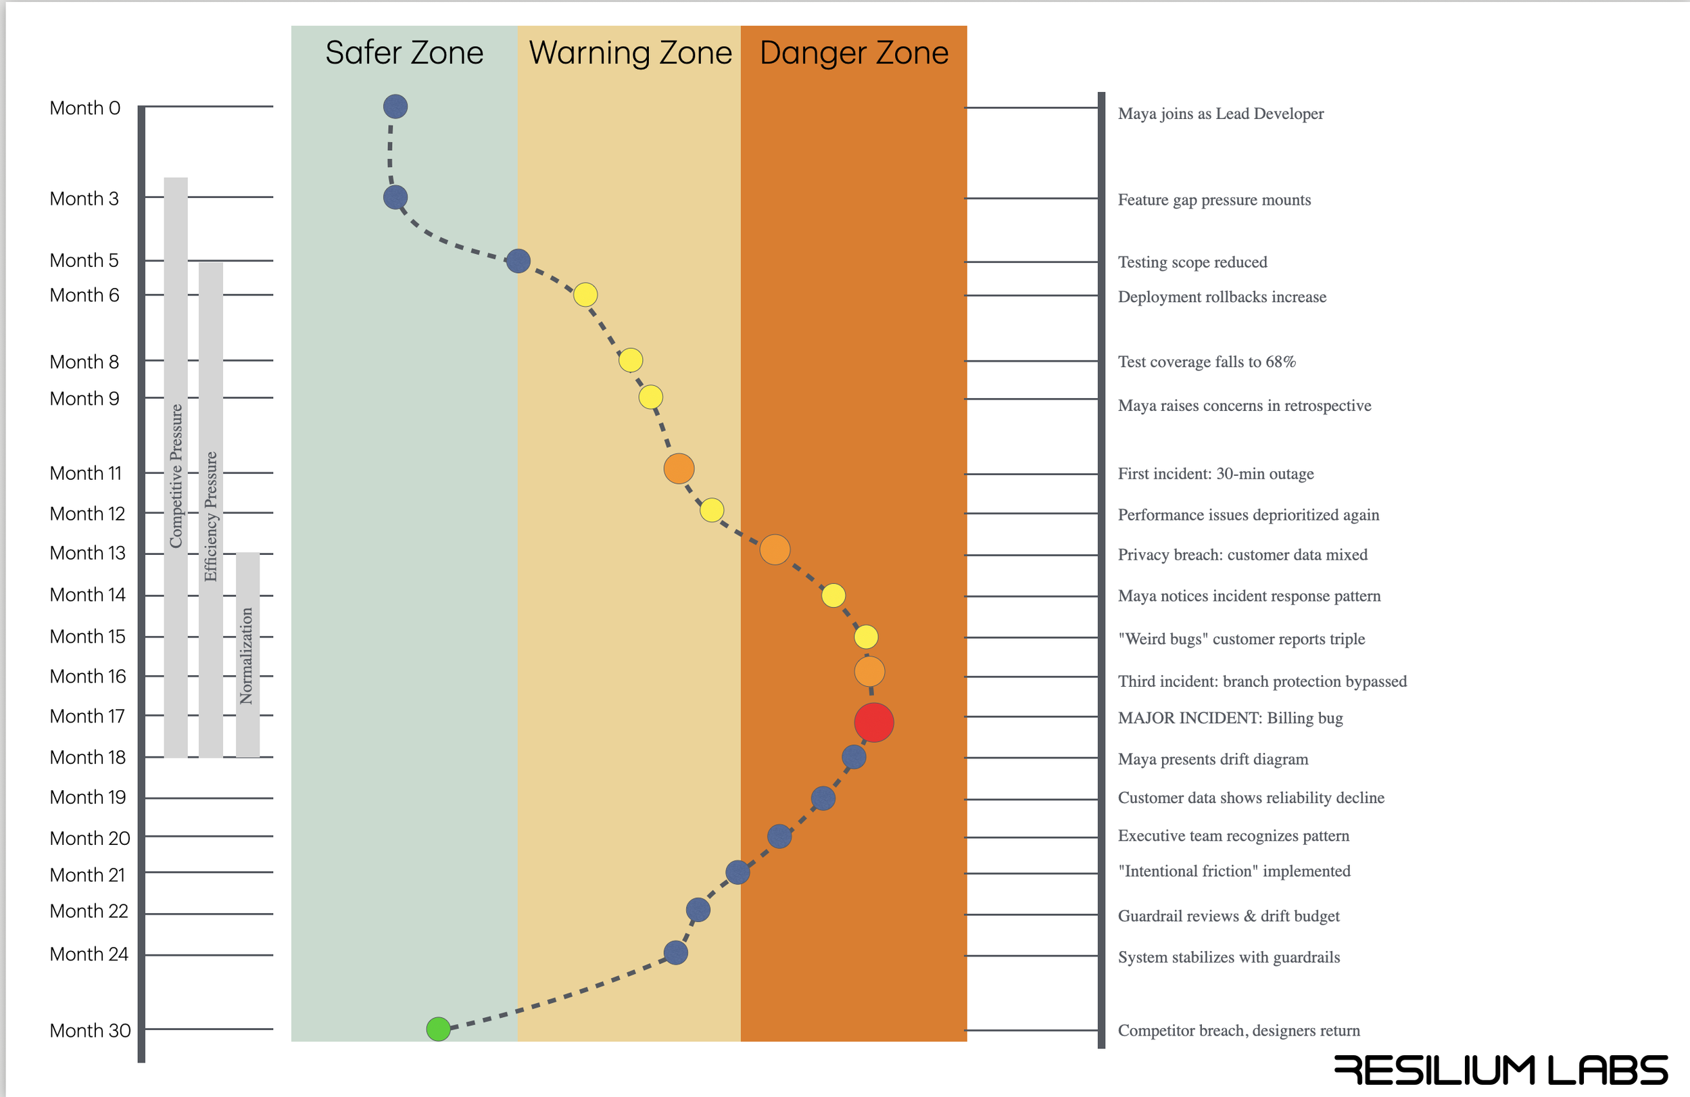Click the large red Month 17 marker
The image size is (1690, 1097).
click(x=873, y=722)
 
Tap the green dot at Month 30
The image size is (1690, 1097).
click(x=438, y=1028)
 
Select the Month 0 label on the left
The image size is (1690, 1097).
click(x=84, y=108)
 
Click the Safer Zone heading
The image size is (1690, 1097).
click(x=404, y=53)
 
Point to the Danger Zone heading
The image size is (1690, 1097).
click(x=854, y=53)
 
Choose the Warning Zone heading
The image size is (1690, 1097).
click(x=630, y=53)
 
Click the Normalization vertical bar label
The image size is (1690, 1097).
click(x=246, y=655)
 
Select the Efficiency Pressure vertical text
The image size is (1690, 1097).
click(x=211, y=516)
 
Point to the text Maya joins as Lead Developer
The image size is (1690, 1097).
click(x=1220, y=114)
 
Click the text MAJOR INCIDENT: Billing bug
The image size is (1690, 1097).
click(x=1230, y=718)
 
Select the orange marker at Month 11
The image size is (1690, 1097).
click(x=679, y=468)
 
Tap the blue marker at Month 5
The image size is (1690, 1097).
click(x=518, y=261)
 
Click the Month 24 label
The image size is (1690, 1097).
click(x=89, y=954)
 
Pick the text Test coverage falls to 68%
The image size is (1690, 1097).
click(x=1207, y=362)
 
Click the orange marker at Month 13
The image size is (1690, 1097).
click(x=774, y=550)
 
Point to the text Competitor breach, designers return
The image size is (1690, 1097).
click(x=1238, y=1030)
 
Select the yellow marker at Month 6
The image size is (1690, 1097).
click(x=585, y=294)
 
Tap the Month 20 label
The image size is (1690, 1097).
click(x=89, y=838)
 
